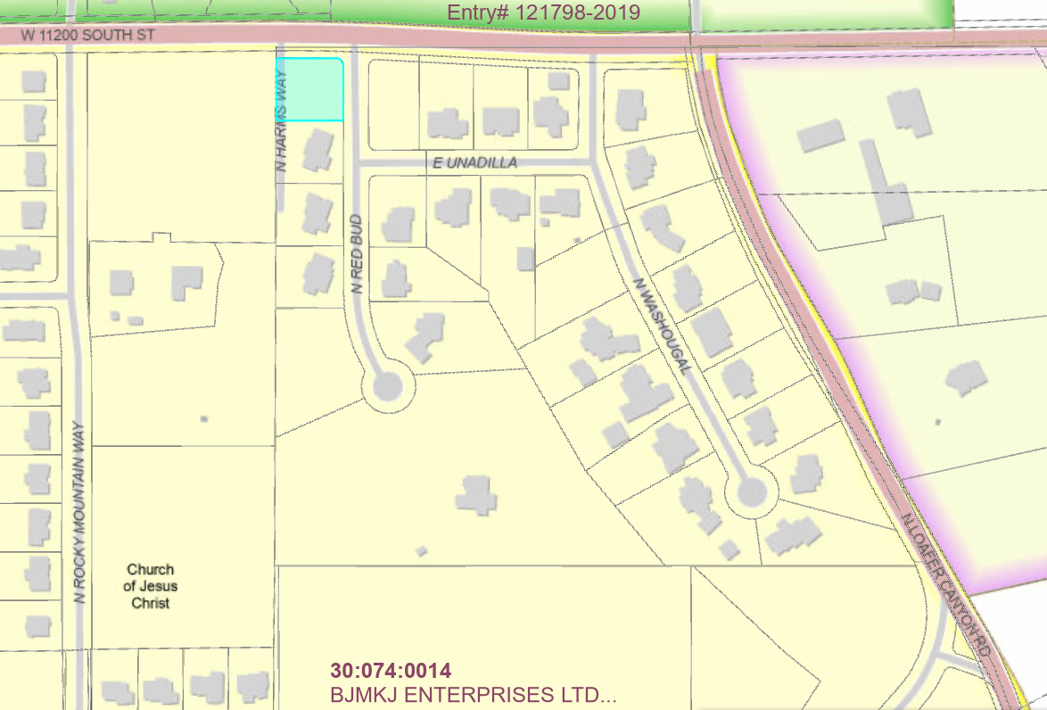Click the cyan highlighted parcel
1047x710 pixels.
309,89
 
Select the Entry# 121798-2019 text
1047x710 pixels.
544,12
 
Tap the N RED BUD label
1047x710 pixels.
356,254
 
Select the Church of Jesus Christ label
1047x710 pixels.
151,586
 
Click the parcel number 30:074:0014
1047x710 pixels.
391,671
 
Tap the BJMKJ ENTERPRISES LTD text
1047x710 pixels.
473,694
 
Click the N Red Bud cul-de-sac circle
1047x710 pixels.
388,387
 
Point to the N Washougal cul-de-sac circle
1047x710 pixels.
750,491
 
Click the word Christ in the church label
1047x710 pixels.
151,603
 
